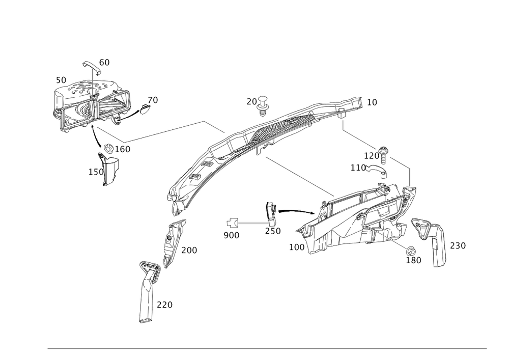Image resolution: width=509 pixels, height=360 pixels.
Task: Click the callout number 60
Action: coord(105,62)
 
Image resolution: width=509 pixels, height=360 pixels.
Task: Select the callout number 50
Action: coord(61,80)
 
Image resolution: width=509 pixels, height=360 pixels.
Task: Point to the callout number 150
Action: coord(96,173)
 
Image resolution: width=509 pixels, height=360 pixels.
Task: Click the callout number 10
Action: coord(372,102)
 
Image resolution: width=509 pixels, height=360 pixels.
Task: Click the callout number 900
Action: coord(232,235)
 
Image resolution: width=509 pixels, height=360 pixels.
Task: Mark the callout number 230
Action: coord(458,246)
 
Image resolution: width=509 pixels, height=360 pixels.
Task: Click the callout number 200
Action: coord(189,251)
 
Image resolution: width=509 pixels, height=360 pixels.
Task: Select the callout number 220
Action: coord(164,304)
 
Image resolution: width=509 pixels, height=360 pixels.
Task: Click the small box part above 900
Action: coord(232,223)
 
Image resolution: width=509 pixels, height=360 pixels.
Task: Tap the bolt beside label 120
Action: coord(385,150)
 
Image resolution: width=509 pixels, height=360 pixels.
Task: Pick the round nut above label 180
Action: coord(410,250)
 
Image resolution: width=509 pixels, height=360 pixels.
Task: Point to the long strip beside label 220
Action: coord(147,303)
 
